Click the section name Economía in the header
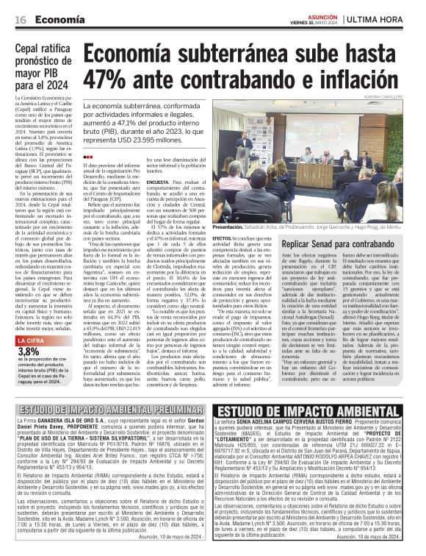pos(57,18)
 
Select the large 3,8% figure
pos(30,373)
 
